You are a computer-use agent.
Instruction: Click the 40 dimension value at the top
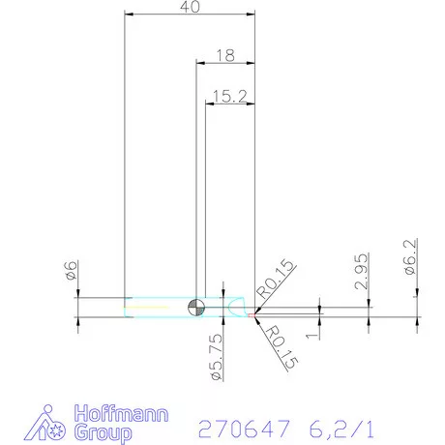[191, 8]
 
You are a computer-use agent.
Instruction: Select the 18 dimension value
[225, 56]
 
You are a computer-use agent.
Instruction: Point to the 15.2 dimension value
[229, 96]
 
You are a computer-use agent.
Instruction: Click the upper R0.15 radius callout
[274, 280]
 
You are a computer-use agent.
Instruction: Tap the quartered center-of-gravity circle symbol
[197, 307]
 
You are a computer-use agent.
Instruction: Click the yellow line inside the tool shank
[155, 308]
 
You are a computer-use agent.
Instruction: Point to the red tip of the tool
[253, 312]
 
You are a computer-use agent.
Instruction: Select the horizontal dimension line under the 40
[191, 15]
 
